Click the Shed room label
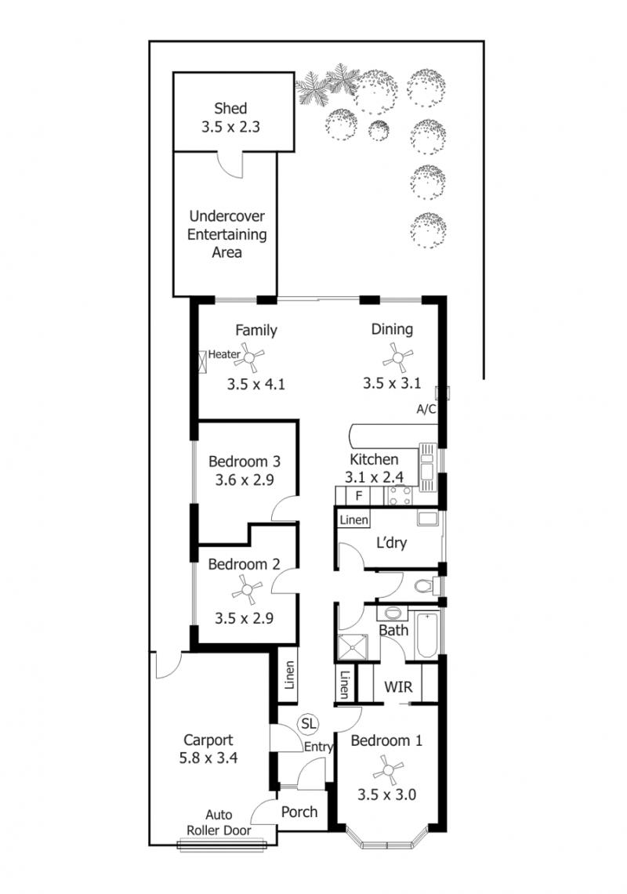(230, 108)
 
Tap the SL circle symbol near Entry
(308, 723)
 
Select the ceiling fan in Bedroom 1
(388, 769)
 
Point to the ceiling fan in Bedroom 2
(247, 589)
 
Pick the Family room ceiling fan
(249, 357)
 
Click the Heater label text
(223, 354)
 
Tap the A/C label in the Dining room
(426, 409)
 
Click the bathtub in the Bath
(427, 635)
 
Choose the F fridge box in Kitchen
(358, 495)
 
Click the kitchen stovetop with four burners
(400, 495)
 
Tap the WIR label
(398, 686)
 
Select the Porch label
(299, 812)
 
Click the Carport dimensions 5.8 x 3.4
(208, 758)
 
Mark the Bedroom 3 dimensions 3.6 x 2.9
(245, 480)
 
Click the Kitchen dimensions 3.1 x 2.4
(374, 476)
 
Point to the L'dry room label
(391, 542)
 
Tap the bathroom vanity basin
(393, 613)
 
